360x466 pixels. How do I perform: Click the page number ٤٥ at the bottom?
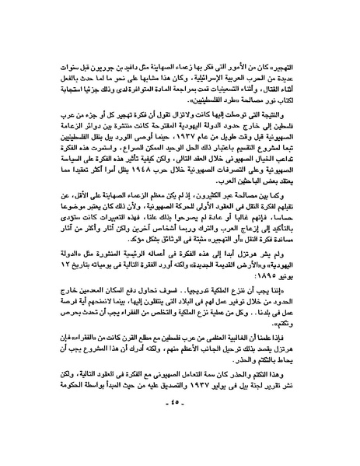click(180, 434)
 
